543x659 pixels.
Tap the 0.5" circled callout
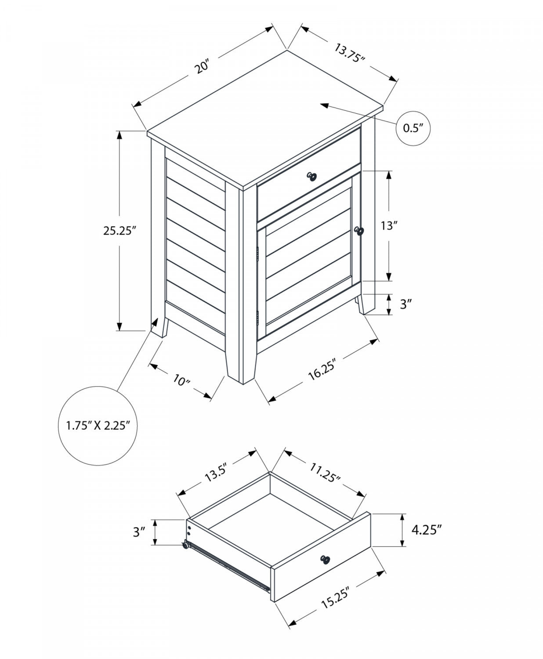pos(413,128)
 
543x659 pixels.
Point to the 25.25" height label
pos(118,231)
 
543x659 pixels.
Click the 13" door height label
pos(388,226)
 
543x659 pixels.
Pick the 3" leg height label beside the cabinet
pos(405,304)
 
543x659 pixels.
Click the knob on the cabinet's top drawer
pos(312,176)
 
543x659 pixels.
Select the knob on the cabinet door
pos(359,231)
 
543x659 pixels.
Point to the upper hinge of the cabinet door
pos(258,253)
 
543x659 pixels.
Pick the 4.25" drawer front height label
pos(426,530)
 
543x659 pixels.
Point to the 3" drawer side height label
pos(139,532)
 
